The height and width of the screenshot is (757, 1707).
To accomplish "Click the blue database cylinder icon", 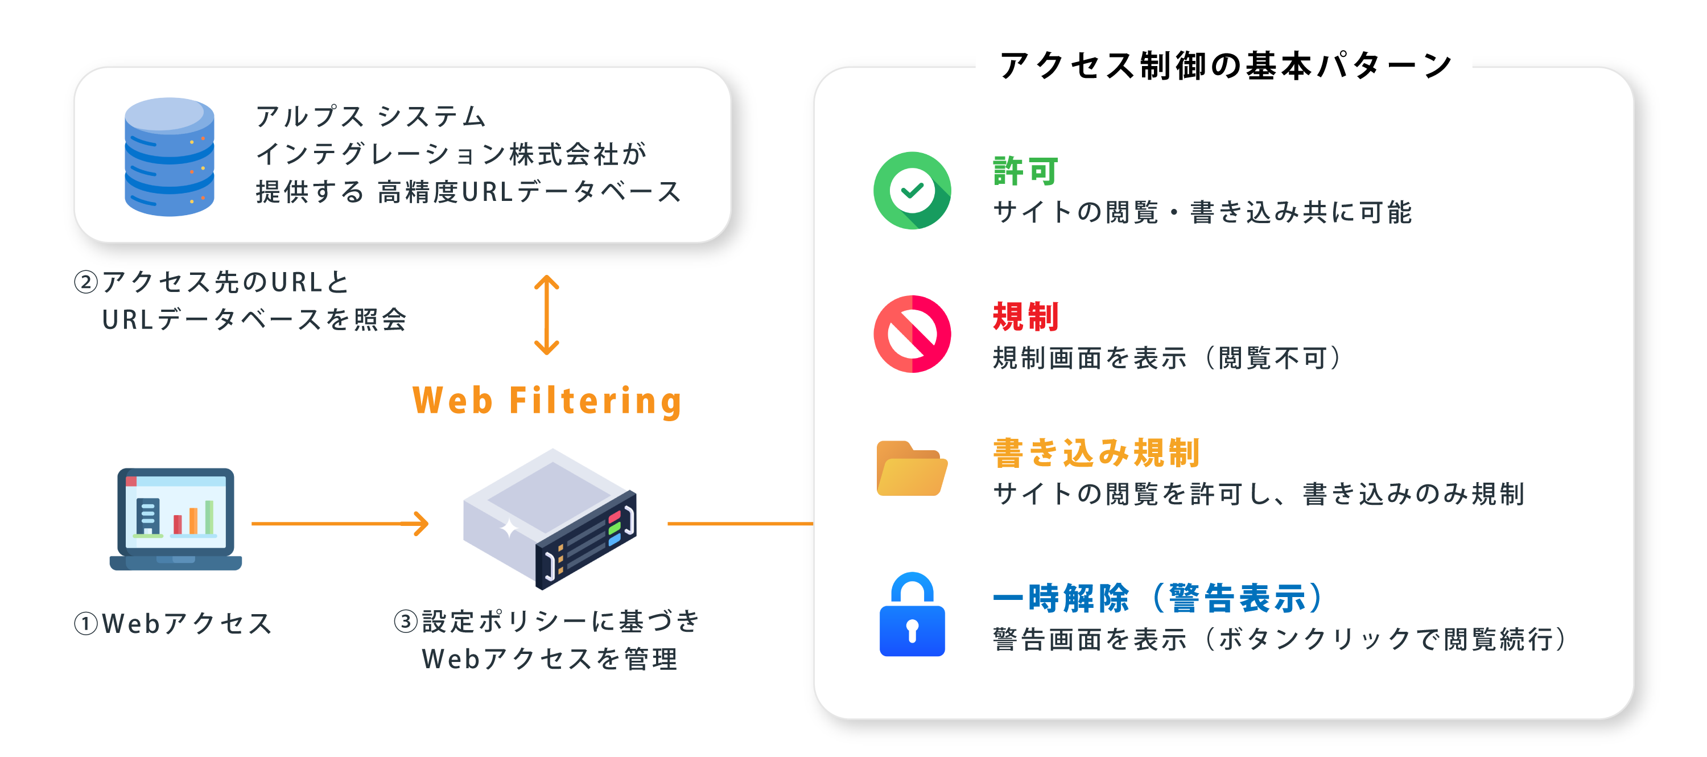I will [170, 157].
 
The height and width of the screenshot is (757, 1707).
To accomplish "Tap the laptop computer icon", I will [176, 519].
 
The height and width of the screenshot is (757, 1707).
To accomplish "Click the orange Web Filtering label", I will [547, 401].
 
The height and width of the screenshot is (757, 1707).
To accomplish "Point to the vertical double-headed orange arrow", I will [547, 315].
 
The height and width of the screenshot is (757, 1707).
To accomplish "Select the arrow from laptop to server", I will [339, 524].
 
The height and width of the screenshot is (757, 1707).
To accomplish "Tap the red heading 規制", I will [1026, 316].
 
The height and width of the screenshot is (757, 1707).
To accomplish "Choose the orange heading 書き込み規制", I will [1096, 454].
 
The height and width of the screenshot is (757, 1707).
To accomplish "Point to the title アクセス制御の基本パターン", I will [1224, 65].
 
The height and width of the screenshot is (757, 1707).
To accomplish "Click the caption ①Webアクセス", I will [174, 624].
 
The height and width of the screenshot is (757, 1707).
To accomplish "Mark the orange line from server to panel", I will [740, 524].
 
